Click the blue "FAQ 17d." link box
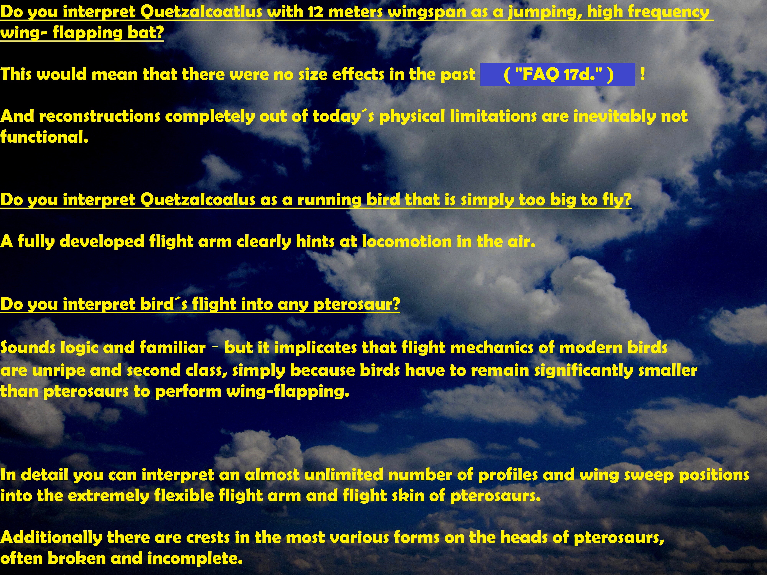(x=558, y=75)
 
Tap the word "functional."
(x=44, y=137)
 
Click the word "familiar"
(x=173, y=348)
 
